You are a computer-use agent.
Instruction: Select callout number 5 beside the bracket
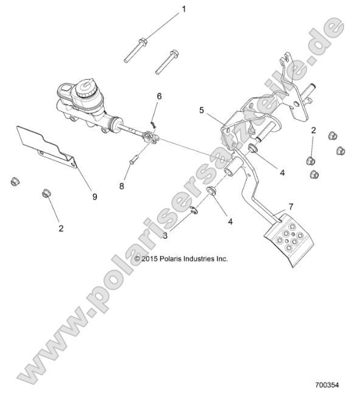coord(201,110)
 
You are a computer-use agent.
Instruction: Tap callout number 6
coord(159,96)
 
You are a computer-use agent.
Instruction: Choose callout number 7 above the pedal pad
coord(291,207)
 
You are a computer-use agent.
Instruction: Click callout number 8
coord(122,185)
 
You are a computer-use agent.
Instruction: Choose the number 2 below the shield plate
coord(60,229)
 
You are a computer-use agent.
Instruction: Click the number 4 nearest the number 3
coord(230,221)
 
